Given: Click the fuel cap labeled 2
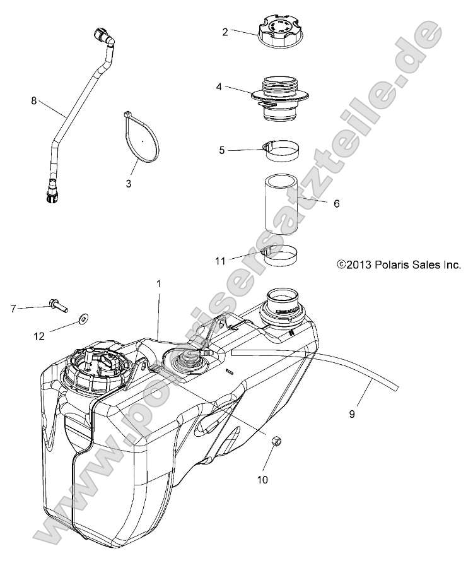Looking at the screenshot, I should (279, 31).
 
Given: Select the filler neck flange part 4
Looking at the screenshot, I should (280, 96).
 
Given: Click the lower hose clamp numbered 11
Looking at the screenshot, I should (281, 255).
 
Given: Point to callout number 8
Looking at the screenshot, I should (34, 99).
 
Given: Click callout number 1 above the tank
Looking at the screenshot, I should (159, 284).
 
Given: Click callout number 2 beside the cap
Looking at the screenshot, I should (225, 31).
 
